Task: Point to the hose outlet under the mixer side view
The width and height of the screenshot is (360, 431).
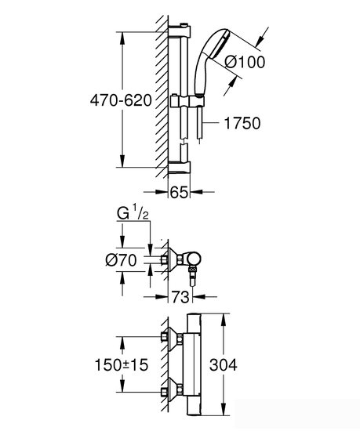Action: (x=192, y=273)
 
